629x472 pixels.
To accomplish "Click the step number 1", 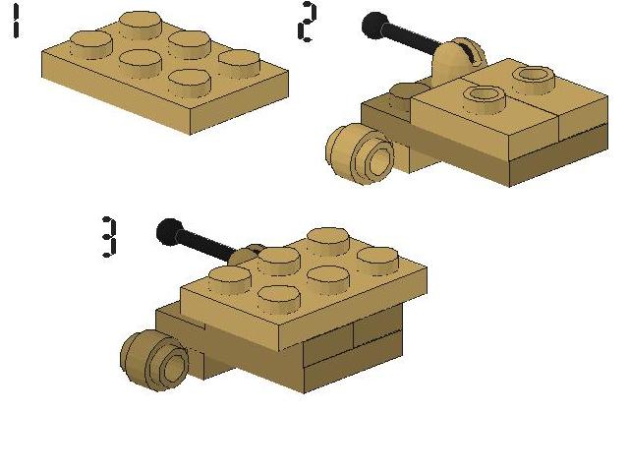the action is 16,22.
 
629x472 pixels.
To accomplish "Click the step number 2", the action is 307,22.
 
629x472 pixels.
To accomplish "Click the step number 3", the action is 109,237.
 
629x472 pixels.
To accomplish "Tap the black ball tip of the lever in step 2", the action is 373,26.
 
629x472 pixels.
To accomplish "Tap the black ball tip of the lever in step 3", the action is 169,232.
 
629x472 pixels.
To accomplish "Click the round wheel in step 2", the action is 359,153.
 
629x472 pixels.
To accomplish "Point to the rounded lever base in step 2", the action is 458,61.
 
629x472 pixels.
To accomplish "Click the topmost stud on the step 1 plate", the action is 141,25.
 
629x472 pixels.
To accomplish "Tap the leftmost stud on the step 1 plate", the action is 91,44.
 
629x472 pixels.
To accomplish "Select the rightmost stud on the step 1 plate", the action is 240,63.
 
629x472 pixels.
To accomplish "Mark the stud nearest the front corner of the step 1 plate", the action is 190,83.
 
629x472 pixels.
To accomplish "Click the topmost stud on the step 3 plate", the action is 328,242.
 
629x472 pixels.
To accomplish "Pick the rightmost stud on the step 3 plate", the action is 377,261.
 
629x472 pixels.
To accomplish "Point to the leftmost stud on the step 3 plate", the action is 230,279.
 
